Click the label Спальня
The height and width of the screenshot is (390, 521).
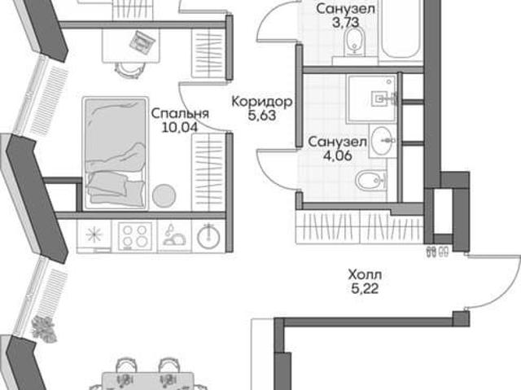pos(180,114)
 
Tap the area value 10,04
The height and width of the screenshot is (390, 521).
pos(179,127)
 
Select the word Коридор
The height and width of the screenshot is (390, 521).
pos(262,102)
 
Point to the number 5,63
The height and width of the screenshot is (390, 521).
pos(262,116)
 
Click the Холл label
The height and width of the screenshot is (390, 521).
pos(365,275)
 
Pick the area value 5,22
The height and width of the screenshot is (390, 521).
pos(365,289)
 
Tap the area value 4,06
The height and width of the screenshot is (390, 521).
pos(338,156)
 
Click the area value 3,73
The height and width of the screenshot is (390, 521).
pos(345,23)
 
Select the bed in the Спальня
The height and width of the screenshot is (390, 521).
pos(116,153)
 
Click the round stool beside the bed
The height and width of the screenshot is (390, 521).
pos(164,195)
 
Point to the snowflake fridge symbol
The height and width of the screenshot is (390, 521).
pos(94,235)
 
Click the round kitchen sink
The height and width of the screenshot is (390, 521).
pos(208,237)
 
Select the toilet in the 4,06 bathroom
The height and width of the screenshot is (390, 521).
pos(371,182)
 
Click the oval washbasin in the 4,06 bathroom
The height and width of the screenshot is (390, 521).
pos(383,141)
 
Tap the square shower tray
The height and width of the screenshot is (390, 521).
pos(371,99)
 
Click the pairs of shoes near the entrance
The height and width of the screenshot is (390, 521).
pos(437,252)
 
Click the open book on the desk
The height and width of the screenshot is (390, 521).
pos(142,42)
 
